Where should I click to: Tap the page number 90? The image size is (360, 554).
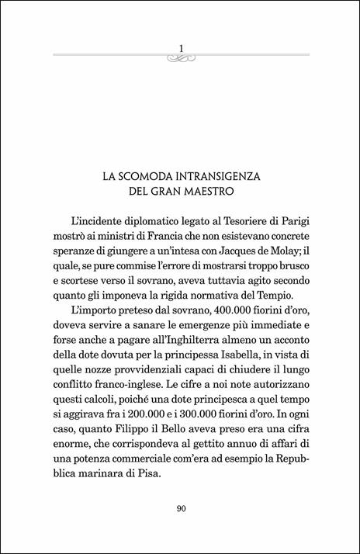pyautogui.click(x=180, y=509)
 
